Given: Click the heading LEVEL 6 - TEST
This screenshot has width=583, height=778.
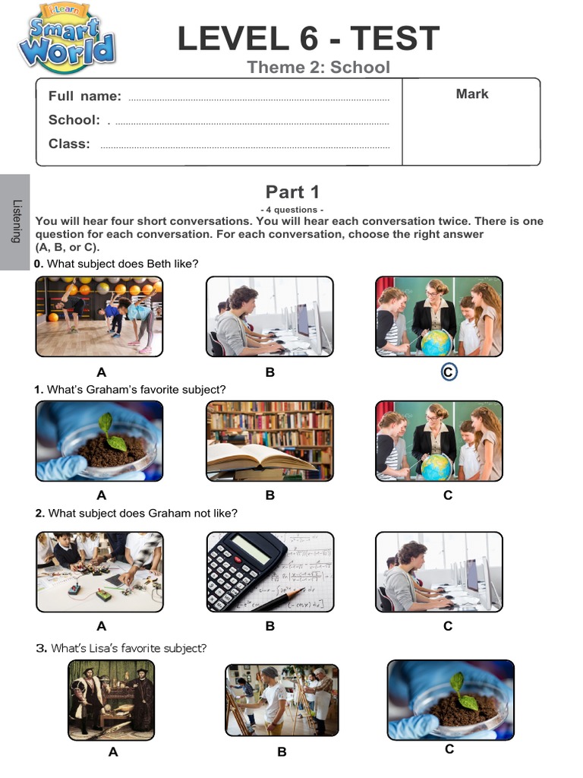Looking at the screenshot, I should [308, 38].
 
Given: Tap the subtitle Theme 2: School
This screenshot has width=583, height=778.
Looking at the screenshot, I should [318, 67].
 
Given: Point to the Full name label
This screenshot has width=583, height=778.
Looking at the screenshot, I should [84, 96].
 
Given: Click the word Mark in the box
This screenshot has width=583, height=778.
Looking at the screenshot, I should [472, 93].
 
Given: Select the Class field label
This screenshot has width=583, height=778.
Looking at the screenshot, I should [69, 144].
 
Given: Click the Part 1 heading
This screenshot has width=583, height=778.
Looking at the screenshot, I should [292, 191].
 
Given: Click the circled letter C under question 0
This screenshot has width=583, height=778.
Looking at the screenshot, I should [448, 372].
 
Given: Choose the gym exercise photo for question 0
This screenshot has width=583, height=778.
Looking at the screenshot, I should [99, 316].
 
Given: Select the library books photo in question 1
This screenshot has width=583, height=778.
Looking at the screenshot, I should [269, 441].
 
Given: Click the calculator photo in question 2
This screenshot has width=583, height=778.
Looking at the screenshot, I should [269, 571].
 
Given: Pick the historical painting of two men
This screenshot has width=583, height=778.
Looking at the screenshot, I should [111, 700].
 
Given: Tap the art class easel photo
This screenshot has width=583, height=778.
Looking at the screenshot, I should [282, 700].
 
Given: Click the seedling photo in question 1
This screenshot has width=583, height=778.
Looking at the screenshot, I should [99, 441].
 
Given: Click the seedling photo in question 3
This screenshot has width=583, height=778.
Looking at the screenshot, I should [450, 698].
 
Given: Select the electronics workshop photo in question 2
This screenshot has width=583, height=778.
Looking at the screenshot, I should [99, 571].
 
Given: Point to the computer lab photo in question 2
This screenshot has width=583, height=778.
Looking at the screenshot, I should [439, 571].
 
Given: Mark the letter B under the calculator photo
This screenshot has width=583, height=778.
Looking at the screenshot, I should [269, 626].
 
